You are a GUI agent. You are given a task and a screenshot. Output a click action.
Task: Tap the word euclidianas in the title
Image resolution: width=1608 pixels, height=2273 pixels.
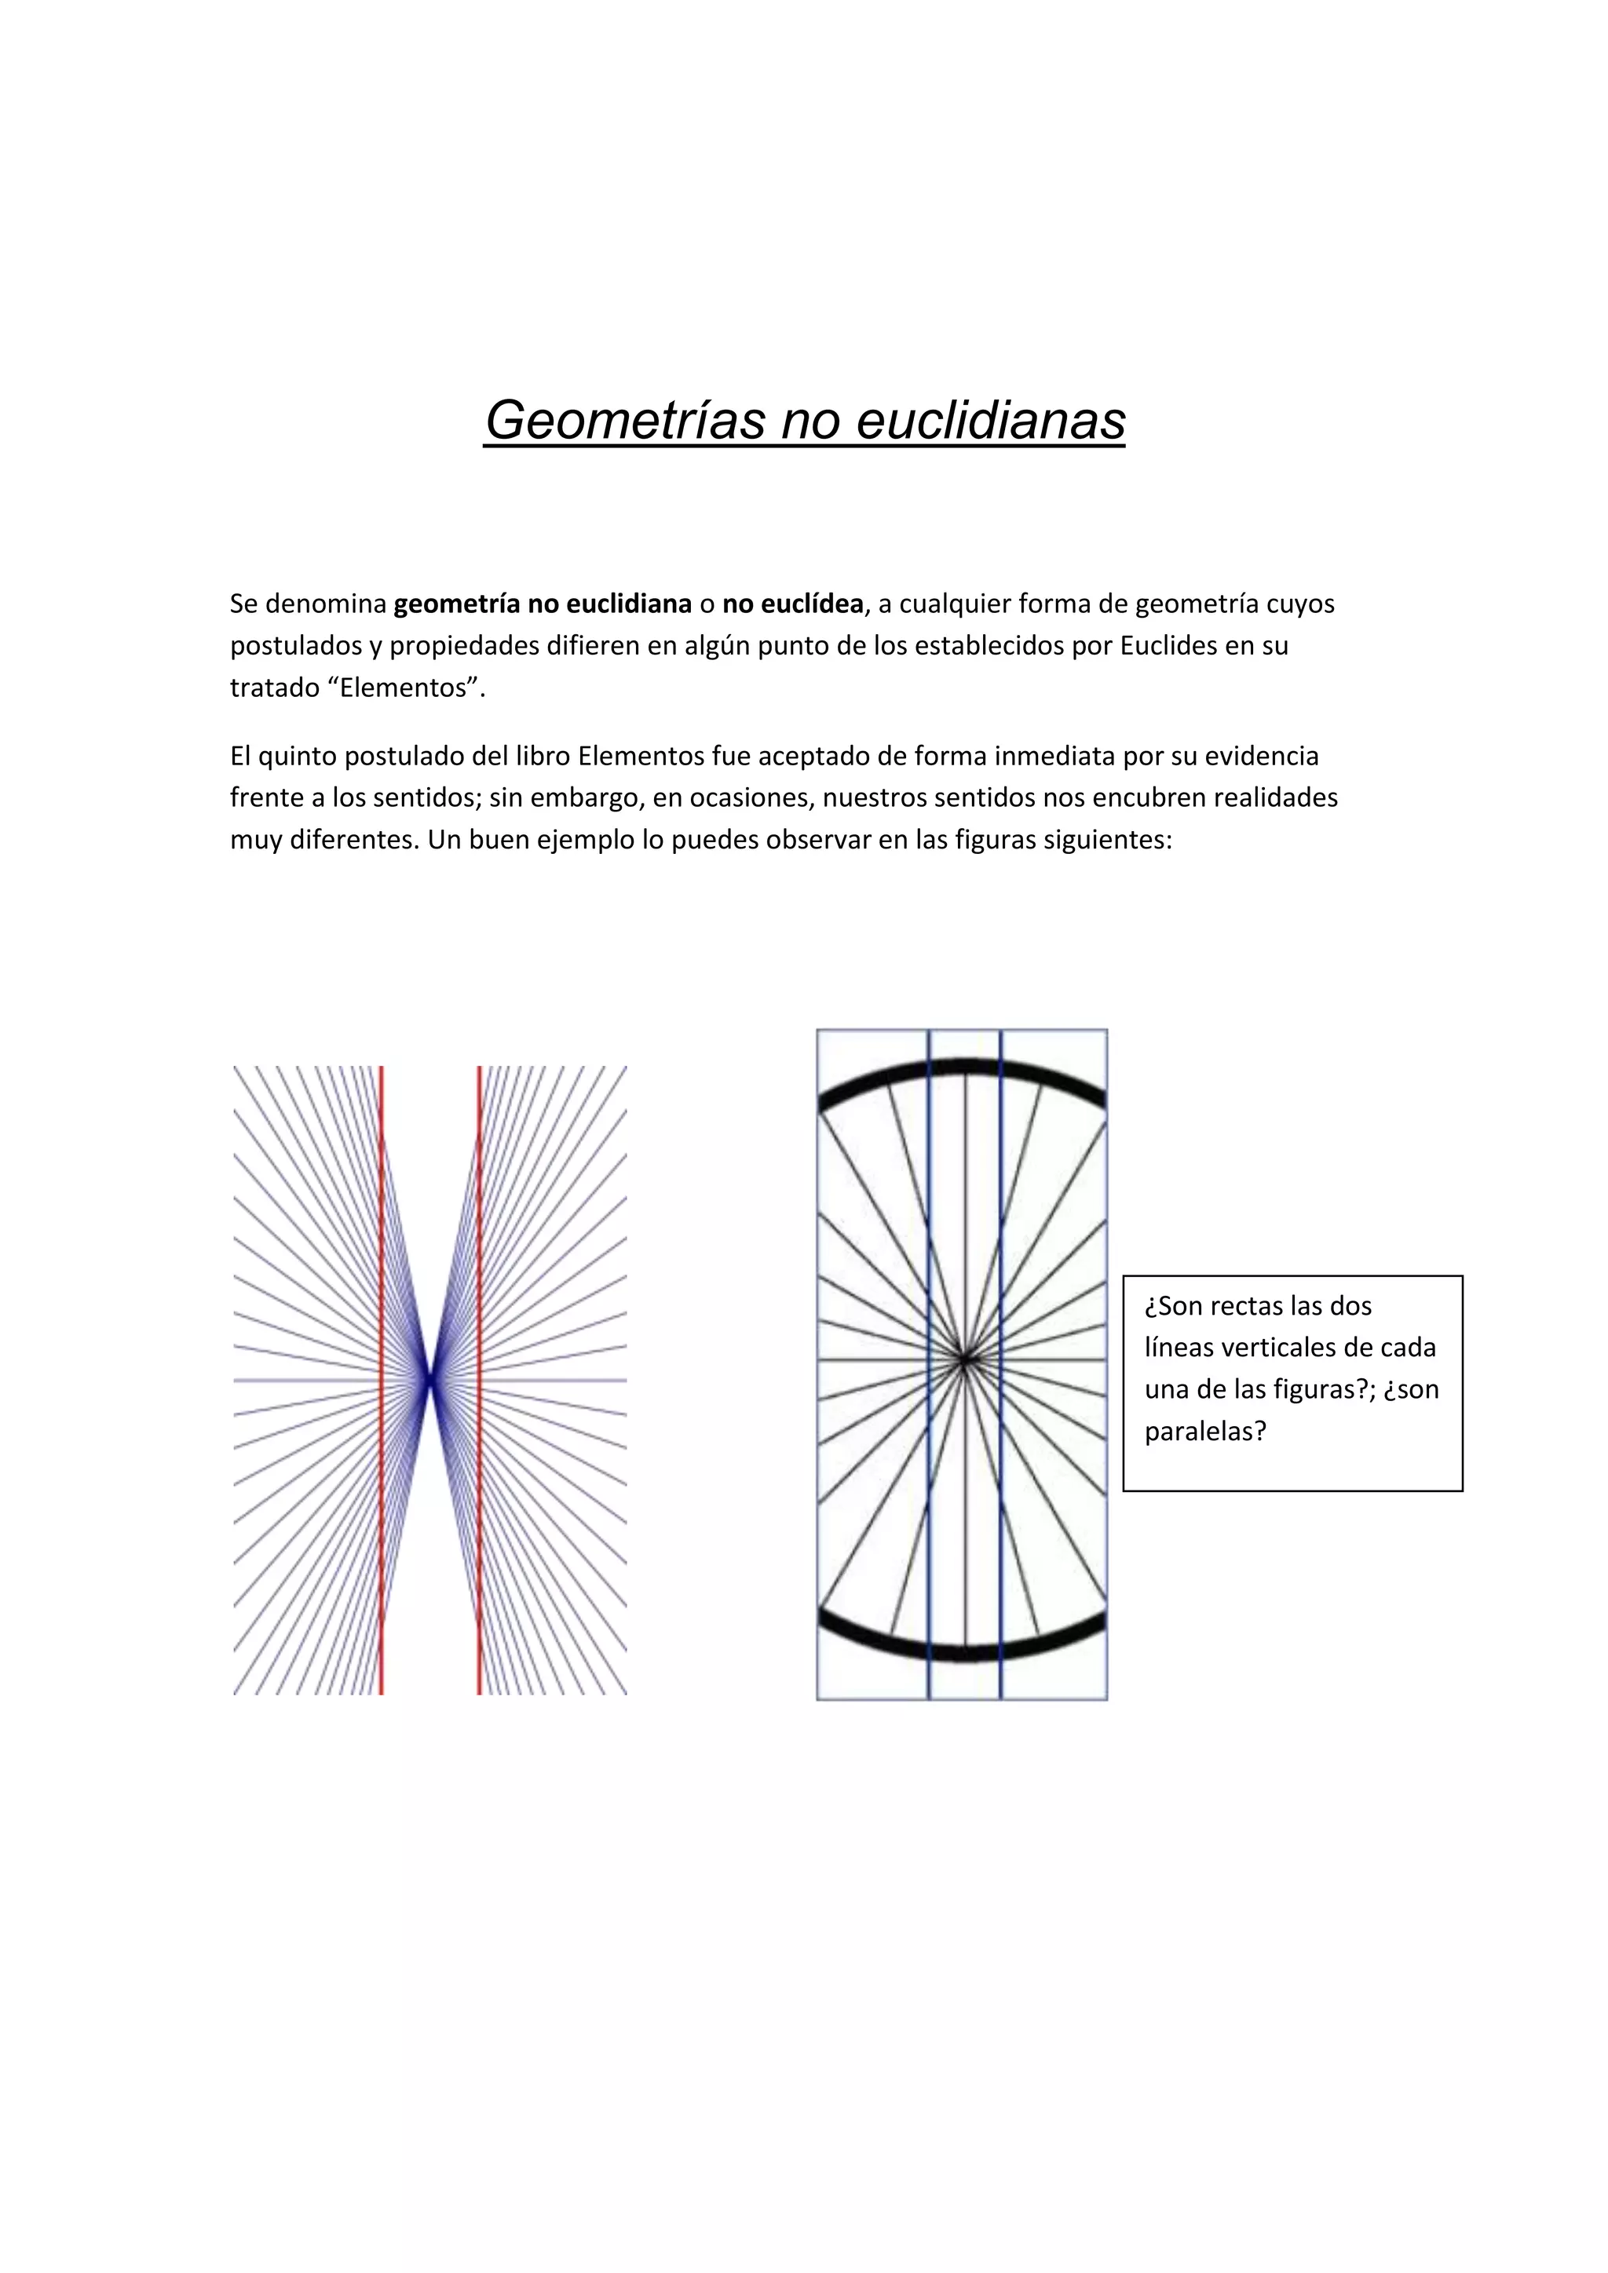click(990, 421)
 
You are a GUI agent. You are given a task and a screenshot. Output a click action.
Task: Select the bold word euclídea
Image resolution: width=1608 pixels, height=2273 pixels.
click(792, 604)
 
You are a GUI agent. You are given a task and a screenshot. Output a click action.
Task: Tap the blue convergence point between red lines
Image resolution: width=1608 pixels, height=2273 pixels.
click(429, 1379)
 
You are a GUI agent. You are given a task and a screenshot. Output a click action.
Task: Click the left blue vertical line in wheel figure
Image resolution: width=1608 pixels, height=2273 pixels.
click(929, 1238)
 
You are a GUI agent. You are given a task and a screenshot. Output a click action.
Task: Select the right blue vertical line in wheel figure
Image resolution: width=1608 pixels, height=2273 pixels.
click(1001, 1238)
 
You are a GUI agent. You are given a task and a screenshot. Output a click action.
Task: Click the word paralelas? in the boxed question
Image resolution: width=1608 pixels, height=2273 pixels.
click(1205, 1432)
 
